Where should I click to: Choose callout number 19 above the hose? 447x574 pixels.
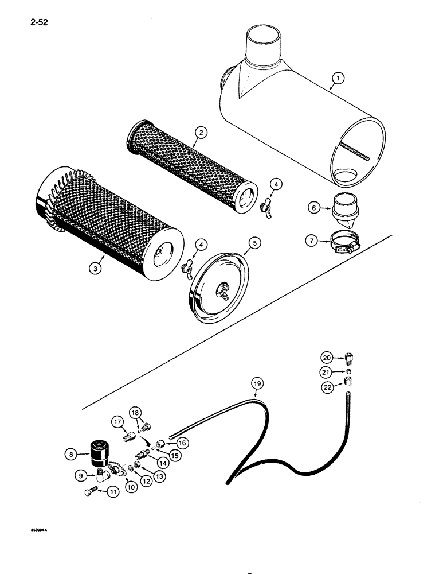pyautogui.click(x=256, y=382)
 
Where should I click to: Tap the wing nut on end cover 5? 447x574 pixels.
pyautogui.click(x=221, y=291)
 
